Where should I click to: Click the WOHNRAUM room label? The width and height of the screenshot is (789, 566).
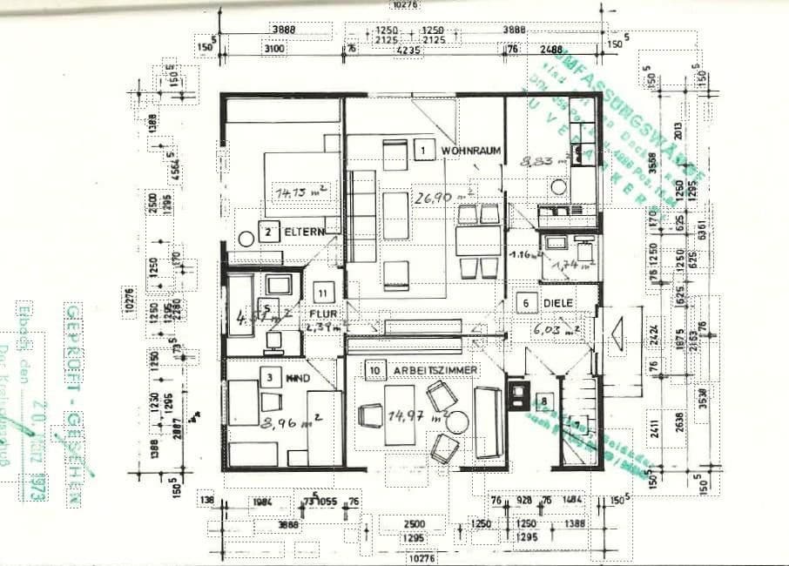(471, 151)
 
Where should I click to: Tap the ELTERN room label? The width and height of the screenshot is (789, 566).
(304, 232)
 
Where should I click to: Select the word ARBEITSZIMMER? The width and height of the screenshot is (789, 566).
(435, 371)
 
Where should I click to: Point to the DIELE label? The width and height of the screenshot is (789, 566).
(557, 304)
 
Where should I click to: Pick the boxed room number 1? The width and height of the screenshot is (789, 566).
(423, 150)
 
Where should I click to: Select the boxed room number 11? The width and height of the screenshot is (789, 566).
(323, 294)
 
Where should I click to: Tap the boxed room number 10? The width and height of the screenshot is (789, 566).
(374, 370)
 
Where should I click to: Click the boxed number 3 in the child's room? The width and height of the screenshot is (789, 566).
(271, 377)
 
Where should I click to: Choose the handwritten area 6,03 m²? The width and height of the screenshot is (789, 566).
(557, 330)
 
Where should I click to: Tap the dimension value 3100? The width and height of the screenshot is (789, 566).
(274, 50)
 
